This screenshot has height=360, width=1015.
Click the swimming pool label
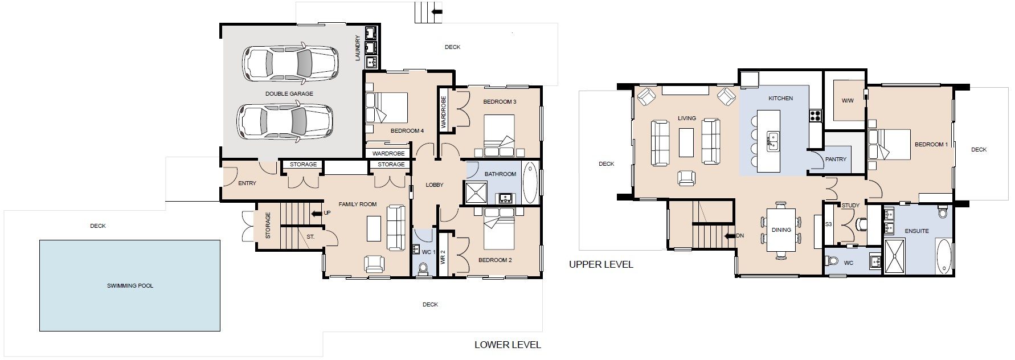[x=130, y=286]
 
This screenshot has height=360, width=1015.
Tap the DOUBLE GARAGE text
[x=289, y=93]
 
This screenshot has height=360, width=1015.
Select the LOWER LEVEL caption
[x=507, y=345]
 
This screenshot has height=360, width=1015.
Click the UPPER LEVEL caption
[x=601, y=264]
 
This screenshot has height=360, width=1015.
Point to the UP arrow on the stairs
[x=317, y=214]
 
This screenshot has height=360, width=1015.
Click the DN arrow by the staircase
[x=730, y=235]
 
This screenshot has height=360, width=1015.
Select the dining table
[x=781, y=230]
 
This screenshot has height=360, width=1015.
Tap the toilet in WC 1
[x=423, y=269]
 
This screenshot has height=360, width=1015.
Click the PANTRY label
[x=836, y=159]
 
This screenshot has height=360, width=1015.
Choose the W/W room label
[x=848, y=101]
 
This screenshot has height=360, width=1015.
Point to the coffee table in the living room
[x=686, y=142]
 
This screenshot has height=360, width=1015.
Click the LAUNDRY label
[x=358, y=48]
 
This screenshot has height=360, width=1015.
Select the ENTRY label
[x=247, y=183]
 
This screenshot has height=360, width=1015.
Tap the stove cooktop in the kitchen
[x=815, y=116]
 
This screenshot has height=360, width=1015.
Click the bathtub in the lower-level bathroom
[x=530, y=183]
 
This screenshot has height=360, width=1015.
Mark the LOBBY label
[x=435, y=185]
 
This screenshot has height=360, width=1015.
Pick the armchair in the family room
[x=374, y=264]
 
